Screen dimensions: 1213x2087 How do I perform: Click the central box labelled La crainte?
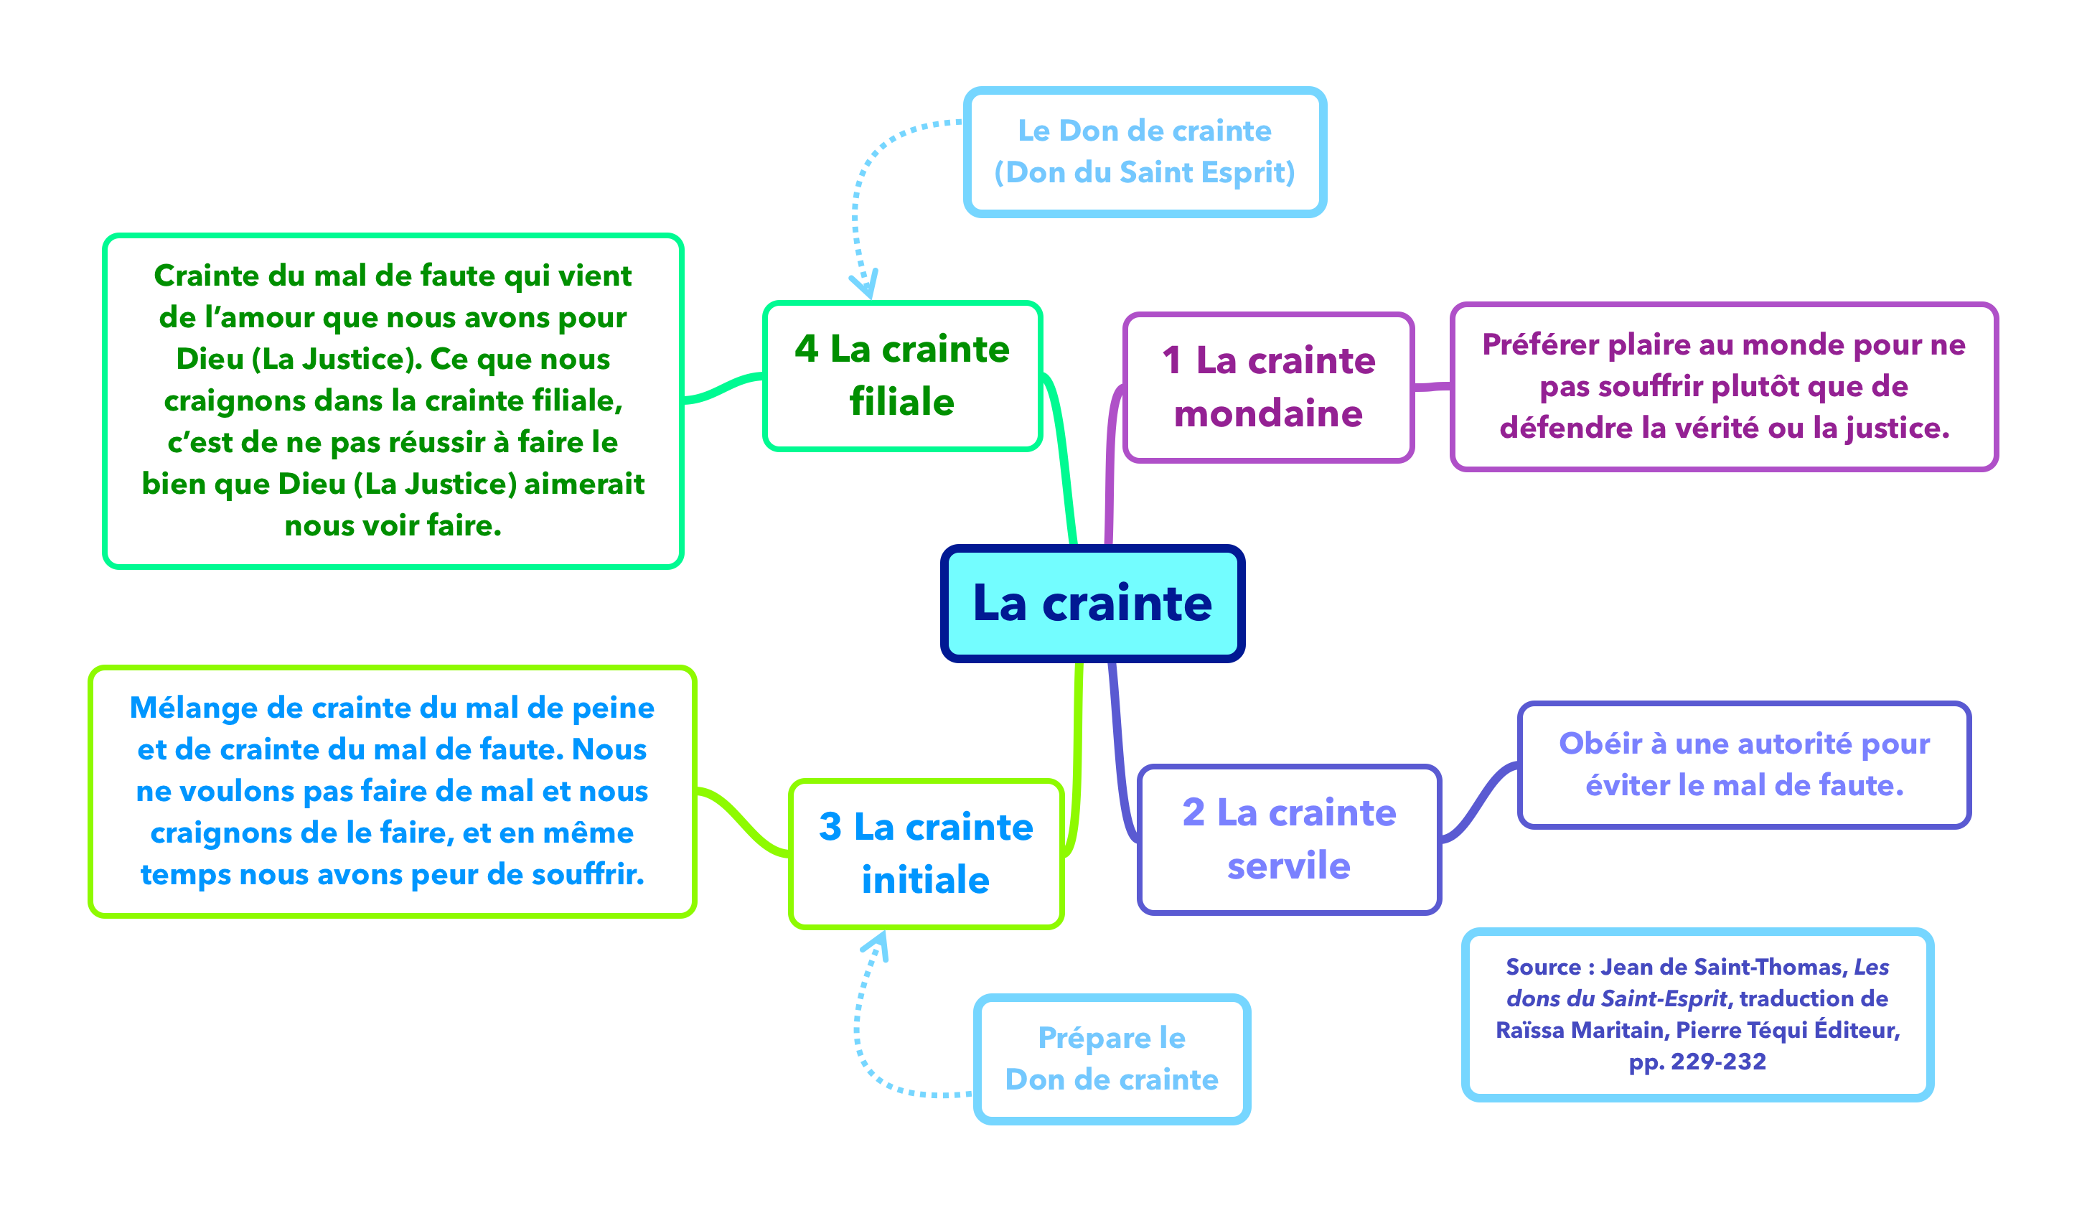[x=1092, y=603]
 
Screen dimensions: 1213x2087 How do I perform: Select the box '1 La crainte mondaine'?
[x=1268, y=387]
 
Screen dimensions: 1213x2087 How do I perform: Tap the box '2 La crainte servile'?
[x=1289, y=839]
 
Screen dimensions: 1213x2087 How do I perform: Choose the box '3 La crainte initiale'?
[x=926, y=853]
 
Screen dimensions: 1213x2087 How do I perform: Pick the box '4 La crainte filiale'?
[x=902, y=375]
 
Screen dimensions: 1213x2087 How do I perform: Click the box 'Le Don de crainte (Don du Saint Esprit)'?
[x=1145, y=151]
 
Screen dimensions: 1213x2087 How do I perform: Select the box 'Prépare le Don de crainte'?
[x=1112, y=1058]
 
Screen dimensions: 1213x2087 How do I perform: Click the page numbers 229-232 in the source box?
[x=1718, y=1062]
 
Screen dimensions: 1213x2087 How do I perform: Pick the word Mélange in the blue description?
[x=193, y=708]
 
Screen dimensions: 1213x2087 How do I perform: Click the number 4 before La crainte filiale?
[x=806, y=349]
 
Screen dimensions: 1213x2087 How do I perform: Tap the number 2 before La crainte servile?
[x=1193, y=812]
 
